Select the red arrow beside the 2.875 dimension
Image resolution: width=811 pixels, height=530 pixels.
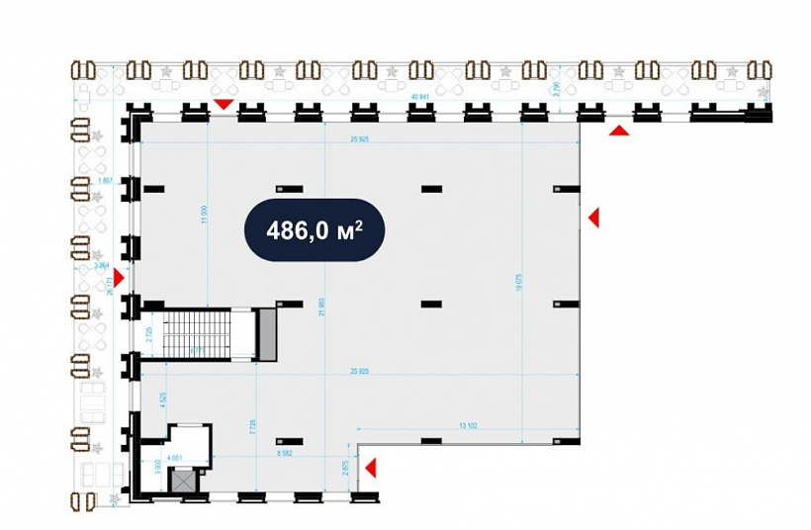[371, 469]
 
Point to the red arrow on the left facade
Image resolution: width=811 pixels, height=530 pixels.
[119, 278]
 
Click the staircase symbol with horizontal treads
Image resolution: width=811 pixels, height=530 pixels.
[195, 333]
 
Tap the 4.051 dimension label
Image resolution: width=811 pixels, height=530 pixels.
[176, 457]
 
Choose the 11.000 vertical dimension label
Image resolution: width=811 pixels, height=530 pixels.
[205, 214]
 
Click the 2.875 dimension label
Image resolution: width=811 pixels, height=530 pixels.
[346, 469]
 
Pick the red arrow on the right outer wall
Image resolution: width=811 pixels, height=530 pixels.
[593, 218]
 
